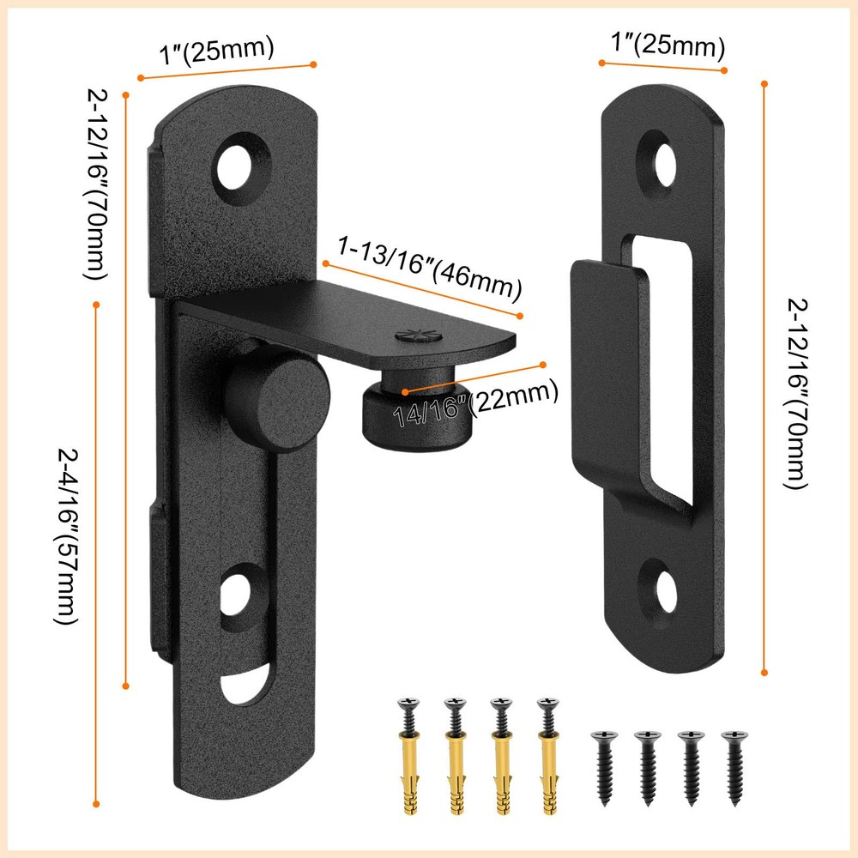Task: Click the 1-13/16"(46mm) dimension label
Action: pos(430,268)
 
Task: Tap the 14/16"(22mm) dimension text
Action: pos(475,403)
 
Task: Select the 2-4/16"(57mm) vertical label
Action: pos(68,536)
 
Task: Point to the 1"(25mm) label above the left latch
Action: pos(217,51)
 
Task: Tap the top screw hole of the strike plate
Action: pos(664,165)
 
